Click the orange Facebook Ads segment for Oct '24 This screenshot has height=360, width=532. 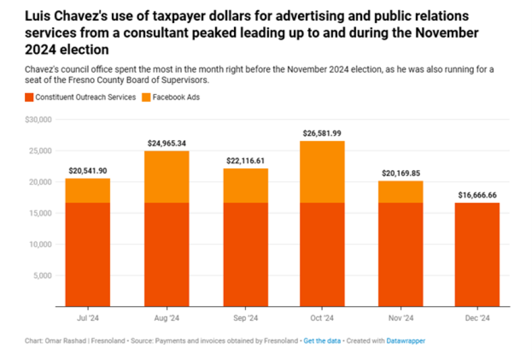(x=322, y=172)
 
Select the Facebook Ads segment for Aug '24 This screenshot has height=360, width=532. (x=167, y=177)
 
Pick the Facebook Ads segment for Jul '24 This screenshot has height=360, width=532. (x=88, y=190)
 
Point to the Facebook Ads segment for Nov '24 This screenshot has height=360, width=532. (x=400, y=191)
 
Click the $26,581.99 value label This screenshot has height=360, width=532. (x=322, y=133)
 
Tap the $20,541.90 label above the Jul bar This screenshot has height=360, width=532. (x=88, y=171)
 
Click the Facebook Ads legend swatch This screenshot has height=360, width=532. (x=146, y=97)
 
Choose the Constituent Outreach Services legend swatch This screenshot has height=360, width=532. (x=29, y=97)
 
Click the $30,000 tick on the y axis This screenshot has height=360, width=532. (x=39, y=119)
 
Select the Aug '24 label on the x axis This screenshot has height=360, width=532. (x=167, y=318)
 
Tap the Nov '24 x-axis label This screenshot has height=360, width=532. (x=400, y=318)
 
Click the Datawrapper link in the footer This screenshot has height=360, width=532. (x=406, y=341)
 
